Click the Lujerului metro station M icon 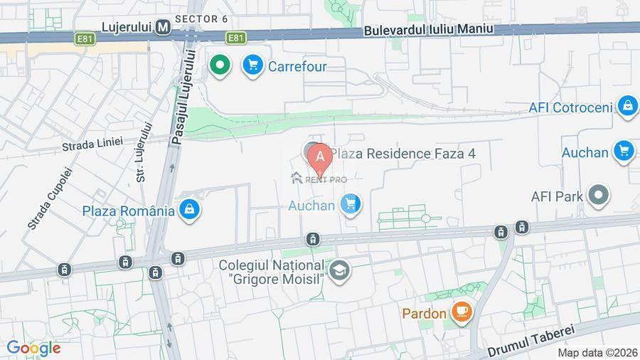click(x=164, y=27)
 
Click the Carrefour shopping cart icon click(x=252, y=66)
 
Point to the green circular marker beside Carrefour click(x=220, y=66)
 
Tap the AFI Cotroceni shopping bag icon click(x=627, y=107)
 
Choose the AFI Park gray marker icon click(x=599, y=196)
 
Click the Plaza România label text click(x=128, y=211)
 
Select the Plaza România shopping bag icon click(x=188, y=210)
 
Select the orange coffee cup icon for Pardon click(x=462, y=312)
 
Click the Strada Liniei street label click(x=92, y=144)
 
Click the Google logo click(x=33, y=349)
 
